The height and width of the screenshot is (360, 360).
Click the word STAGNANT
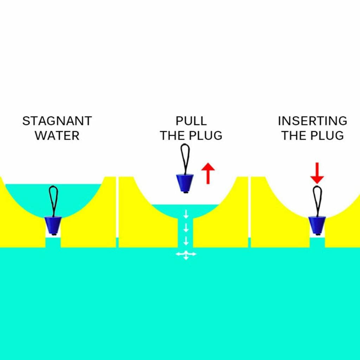57,121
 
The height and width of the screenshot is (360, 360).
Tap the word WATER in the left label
57,136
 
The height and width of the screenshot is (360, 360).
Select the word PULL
191,121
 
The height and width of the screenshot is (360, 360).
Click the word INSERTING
312,121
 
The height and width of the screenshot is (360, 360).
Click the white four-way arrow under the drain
186,254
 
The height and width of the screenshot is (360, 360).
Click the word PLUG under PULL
207,136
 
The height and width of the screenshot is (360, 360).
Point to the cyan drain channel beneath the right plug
317,242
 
